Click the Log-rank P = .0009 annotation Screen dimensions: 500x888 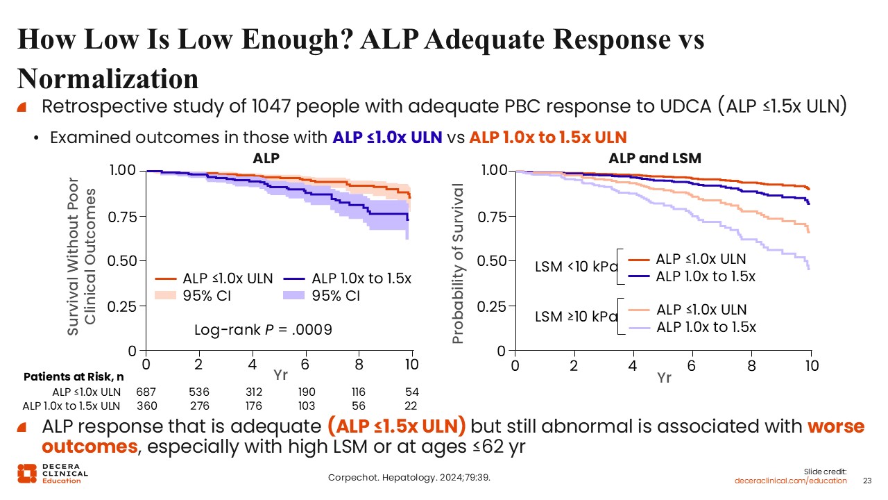[x=263, y=330]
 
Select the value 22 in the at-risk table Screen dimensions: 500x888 [x=412, y=406]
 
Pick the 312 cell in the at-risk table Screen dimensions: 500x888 [x=253, y=392]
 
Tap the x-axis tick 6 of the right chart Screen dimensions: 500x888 [x=692, y=366]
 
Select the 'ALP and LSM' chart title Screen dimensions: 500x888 [x=655, y=158]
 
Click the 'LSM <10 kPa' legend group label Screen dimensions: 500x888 [x=576, y=267]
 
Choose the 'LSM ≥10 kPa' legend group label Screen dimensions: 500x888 [x=576, y=317]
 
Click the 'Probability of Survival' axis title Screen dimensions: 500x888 [x=457, y=264]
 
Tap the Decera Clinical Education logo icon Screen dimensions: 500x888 [x=27, y=473]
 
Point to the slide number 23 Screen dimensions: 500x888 [x=866, y=481]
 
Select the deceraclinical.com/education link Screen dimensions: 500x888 [x=791, y=481]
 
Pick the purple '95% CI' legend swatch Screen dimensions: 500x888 [x=296, y=297]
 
